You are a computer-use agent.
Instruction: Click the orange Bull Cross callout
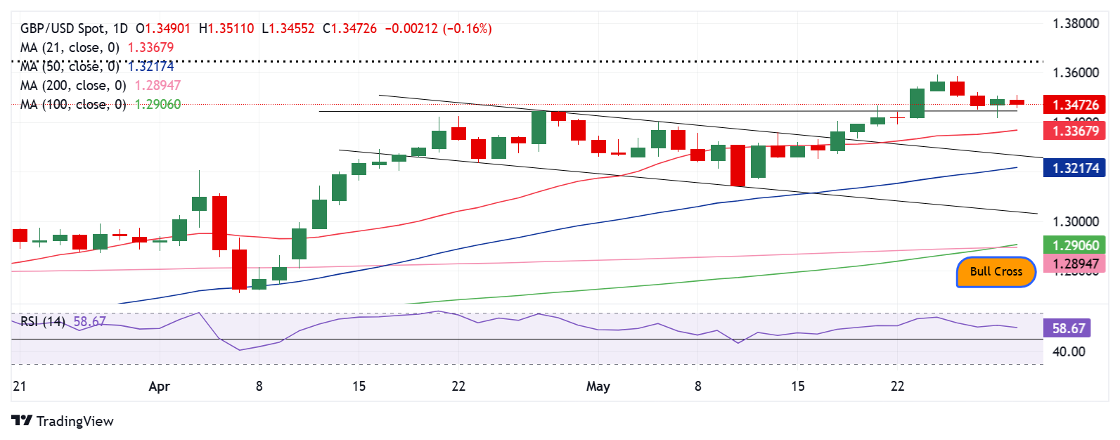996,272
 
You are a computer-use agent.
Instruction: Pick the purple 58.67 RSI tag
1069,328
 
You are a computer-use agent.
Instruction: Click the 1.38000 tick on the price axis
1075,24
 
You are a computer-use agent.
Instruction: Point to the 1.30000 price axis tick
1075,221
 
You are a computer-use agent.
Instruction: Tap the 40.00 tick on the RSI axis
1069,351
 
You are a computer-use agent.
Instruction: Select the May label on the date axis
598,387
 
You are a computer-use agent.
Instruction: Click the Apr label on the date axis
160,387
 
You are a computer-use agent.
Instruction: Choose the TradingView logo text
75,421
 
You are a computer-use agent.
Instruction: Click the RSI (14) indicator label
42,322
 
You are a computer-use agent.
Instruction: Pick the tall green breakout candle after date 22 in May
917,103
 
